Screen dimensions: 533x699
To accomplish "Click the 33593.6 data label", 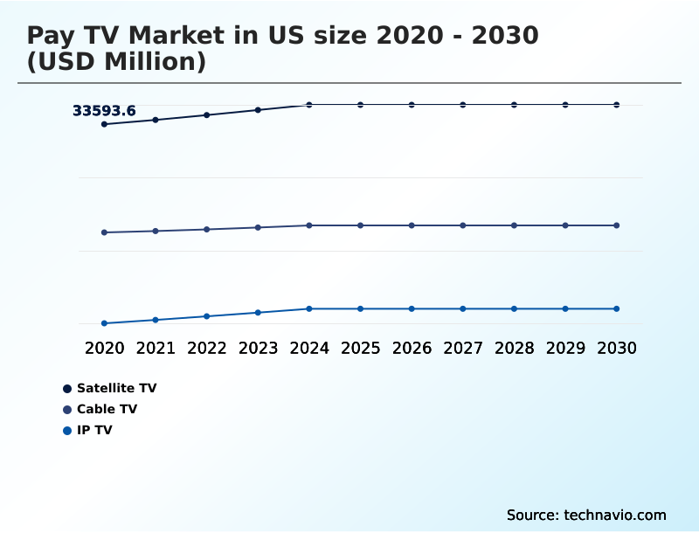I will [104, 111].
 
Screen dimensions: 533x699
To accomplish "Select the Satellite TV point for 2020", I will [104, 124].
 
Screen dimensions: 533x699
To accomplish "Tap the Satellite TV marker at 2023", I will [258, 110].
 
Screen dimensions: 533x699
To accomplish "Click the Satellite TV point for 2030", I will [616, 105].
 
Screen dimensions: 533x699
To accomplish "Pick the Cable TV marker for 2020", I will [104, 232].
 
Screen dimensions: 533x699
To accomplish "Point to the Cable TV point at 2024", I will [309, 225].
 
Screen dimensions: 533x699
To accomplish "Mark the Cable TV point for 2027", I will [463, 225].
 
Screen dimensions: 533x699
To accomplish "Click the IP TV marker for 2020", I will [104, 323].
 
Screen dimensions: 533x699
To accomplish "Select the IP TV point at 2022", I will [207, 316].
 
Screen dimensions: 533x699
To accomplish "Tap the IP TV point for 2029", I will [565, 308].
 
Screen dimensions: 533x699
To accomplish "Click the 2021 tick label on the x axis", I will [156, 348].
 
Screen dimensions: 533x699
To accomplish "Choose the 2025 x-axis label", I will [360, 348].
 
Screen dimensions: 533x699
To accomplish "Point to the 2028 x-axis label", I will [514, 348].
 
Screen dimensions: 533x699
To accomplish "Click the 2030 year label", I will [616, 348].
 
